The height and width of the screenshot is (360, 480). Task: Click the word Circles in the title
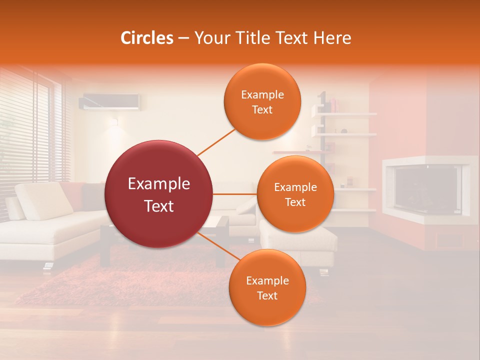coord(146,38)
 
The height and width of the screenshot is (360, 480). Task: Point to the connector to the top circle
coord(216,142)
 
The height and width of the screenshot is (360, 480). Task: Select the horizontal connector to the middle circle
coord(234,194)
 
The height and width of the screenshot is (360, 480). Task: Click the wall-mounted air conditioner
coord(109,101)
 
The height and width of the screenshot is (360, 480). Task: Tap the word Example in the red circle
coord(158,184)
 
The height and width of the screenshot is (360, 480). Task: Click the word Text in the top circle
coord(262,110)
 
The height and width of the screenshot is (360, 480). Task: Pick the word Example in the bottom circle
coord(267,281)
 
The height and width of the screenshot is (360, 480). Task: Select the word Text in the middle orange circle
coord(295,202)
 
